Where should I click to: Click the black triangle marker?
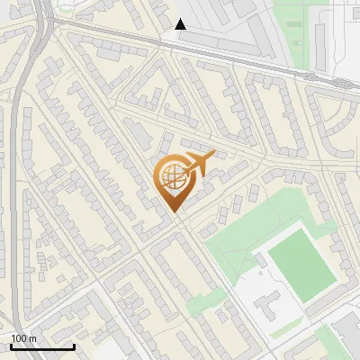click(x=181, y=24)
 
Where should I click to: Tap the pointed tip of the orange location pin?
click(x=173, y=212)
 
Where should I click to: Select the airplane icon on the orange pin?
click(x=200, y=162)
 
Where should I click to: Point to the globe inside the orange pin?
click(x=172, y=176)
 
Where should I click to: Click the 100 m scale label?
click(x=23, y=338)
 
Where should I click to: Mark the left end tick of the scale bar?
click(x=11, y=346)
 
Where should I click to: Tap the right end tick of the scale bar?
click(x=74, y=346)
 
